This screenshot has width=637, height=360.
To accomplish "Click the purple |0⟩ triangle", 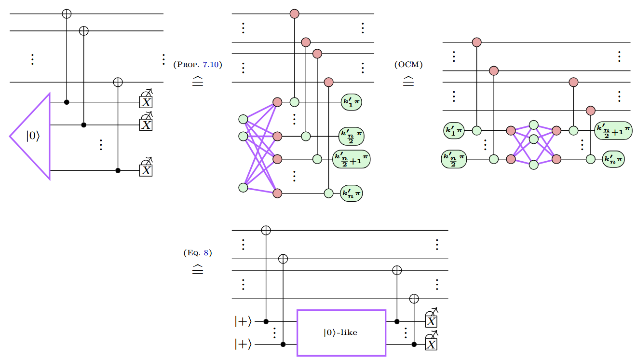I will pos(34,137).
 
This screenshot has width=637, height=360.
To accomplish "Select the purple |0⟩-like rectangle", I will pos(341,332).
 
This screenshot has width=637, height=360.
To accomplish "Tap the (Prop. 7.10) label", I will pos(197,64).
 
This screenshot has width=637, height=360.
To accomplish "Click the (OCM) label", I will pos(408,64).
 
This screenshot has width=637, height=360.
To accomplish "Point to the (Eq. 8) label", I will pos(197,252).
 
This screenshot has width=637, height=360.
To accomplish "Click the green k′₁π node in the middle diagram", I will pos(352,102).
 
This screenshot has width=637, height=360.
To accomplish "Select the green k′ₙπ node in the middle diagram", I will pos(351,194).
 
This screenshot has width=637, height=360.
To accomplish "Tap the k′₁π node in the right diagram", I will pos(454,130).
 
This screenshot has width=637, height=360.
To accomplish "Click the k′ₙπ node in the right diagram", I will pos(613,158).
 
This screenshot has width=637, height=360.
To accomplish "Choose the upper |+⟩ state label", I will pos(243,320).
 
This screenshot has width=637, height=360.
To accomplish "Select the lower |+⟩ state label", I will pos(243,345).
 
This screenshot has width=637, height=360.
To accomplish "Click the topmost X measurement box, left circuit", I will pos(146,101).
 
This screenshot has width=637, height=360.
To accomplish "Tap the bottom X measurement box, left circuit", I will pos(146,170).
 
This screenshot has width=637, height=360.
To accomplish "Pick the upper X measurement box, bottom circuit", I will pos(431,321).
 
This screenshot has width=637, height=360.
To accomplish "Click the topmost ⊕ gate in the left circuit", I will pos(67,14).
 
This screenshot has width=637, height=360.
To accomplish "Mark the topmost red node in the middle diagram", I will pos(294,14).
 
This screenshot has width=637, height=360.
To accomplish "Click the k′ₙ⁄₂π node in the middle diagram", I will pos(352,136).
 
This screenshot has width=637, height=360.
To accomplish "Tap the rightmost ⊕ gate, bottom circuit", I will pos(414,299).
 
